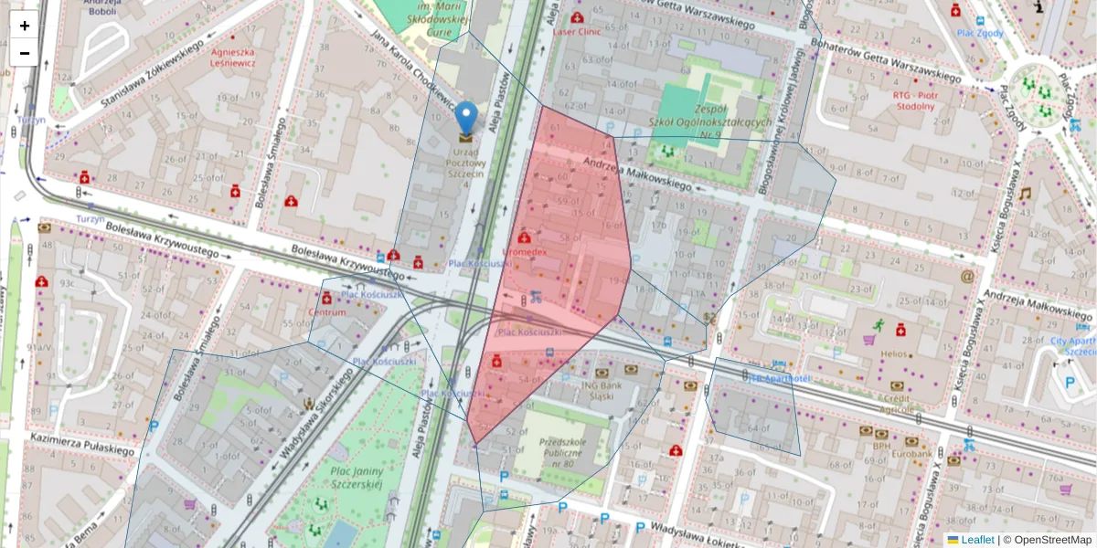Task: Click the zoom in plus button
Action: [x=25, y=26]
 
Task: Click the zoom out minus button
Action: [x=25, y=53]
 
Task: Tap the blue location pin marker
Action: [x=466, y=119]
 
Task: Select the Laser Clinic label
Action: [x=577, y=30]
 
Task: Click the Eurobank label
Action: [x=913, y=453]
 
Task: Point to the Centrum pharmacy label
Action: [x=326, y=312]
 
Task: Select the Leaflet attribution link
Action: [x=977, y=540]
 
